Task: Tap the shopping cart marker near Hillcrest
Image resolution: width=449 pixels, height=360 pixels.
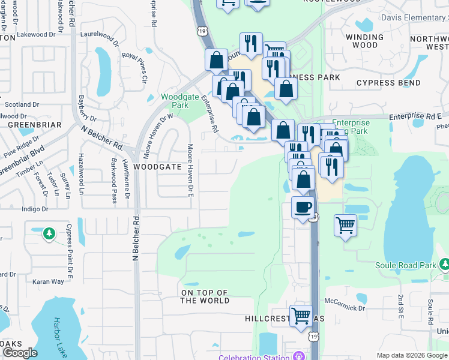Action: tap(301, 316)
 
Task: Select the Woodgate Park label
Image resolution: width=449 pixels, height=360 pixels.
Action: tap(175, 100)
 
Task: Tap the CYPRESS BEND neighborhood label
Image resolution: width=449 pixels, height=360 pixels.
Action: tap(397, 82)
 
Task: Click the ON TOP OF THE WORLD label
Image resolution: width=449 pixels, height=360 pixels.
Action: tap(205, 296)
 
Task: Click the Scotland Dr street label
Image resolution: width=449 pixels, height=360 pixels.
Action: tap(22, 104)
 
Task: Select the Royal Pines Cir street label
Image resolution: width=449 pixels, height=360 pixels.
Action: tap(135, 67)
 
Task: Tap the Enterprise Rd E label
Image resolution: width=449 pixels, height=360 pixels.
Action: tap(415, 115)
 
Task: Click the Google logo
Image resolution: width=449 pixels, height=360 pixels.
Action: tap(19, 353)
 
